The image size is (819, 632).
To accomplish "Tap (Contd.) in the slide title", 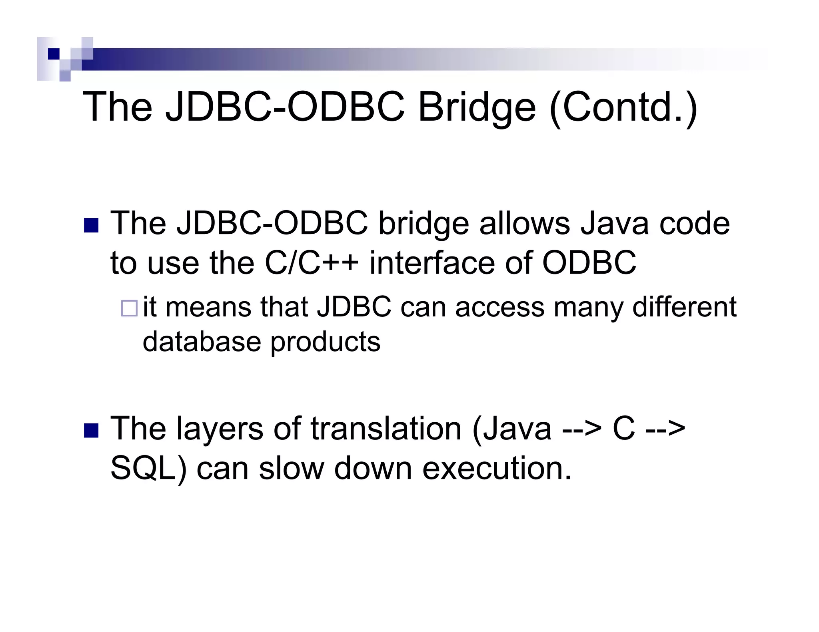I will pyautogui.click(x=623, y=107).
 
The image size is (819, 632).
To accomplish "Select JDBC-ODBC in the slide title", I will pyautogui.click(x=285, y=107).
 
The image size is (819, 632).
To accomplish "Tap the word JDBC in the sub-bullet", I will pyautogui.click(x=354, y=307).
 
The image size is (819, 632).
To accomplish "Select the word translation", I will pyautogui.click(x=386, y=428).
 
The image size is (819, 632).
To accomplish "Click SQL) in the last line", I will pyautogui.click(x=148, y=468).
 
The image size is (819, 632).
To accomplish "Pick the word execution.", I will pyautogui.click(x=497, y=468).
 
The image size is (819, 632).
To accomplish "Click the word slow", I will pyautogui.click(x=291, y=468).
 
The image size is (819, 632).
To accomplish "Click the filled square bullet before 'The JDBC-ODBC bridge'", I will pyautogui.click(x=91, y=225).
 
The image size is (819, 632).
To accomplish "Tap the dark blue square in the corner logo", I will pyautogui.click(x=53, y=54).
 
